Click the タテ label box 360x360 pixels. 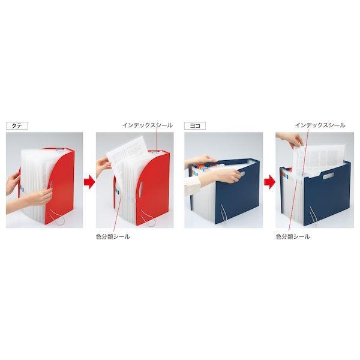click(x=17, y=125)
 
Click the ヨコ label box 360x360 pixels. click(x=195, y=125)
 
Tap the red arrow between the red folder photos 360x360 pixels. click(x=89, y=182)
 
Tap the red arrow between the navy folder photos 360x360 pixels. click(x=269, y=182)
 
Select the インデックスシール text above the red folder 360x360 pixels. click(x=148, y=125)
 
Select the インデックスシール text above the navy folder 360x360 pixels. click(x=320, y=125)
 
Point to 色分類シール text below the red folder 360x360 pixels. click(x=113, y=236)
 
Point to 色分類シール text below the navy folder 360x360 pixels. click(x=293, y=236)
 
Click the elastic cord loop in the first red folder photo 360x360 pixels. click(x=58, y=218)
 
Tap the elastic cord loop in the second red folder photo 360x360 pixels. click(x=149, y=218)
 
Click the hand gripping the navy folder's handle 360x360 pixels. click(x=226, y=176)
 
